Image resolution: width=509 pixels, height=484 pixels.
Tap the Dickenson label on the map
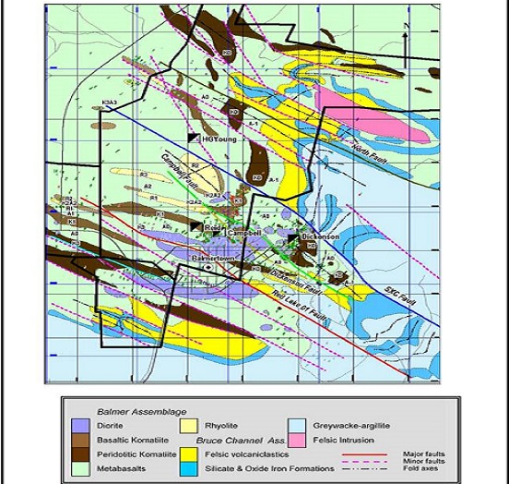(x=321, y=236)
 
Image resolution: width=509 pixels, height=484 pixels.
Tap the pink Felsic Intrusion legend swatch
(x=298, y=440)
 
